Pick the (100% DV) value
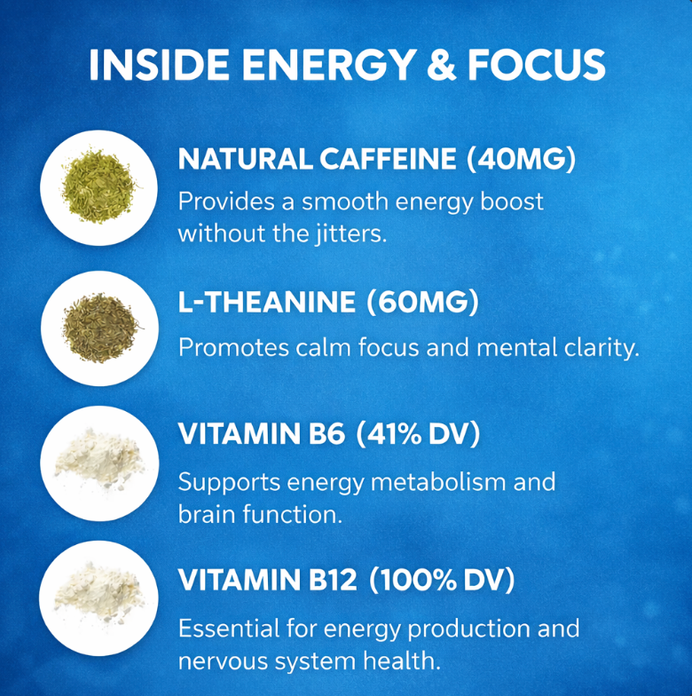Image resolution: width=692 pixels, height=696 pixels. pos(441,581)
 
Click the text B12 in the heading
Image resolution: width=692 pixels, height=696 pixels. pos(332,581)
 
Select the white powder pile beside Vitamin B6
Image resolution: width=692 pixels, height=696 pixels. pos(99,462)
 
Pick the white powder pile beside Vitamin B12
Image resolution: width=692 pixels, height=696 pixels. pos(99,597)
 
